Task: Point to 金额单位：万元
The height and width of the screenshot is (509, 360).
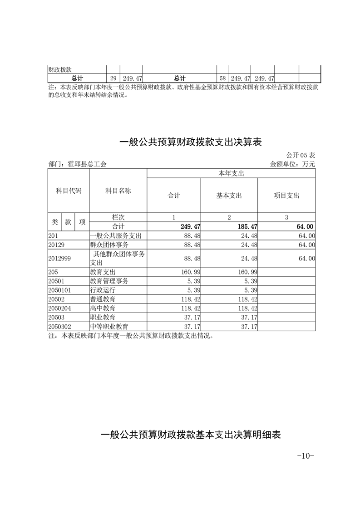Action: (x=292, y=164)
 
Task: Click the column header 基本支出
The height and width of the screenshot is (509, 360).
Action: (x=229, y=196)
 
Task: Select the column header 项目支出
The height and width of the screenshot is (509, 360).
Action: (x=286, y=196)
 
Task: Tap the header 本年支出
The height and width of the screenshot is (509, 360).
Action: (x=231, y=173)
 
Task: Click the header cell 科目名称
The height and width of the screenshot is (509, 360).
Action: (x=118, y=191)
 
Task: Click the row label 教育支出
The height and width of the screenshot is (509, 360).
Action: (x=103, y=272)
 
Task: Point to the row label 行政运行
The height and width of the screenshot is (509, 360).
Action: (x=103, y=290)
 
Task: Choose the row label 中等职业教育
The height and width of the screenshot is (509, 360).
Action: (x=109, y=326)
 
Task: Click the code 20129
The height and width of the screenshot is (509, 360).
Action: (x=56, y=245)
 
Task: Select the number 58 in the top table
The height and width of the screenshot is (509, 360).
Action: (x=222, y=78)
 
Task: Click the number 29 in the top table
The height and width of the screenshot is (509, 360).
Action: (x=113, y=78)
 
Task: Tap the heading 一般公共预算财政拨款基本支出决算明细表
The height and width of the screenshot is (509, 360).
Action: (x=191, y=435)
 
